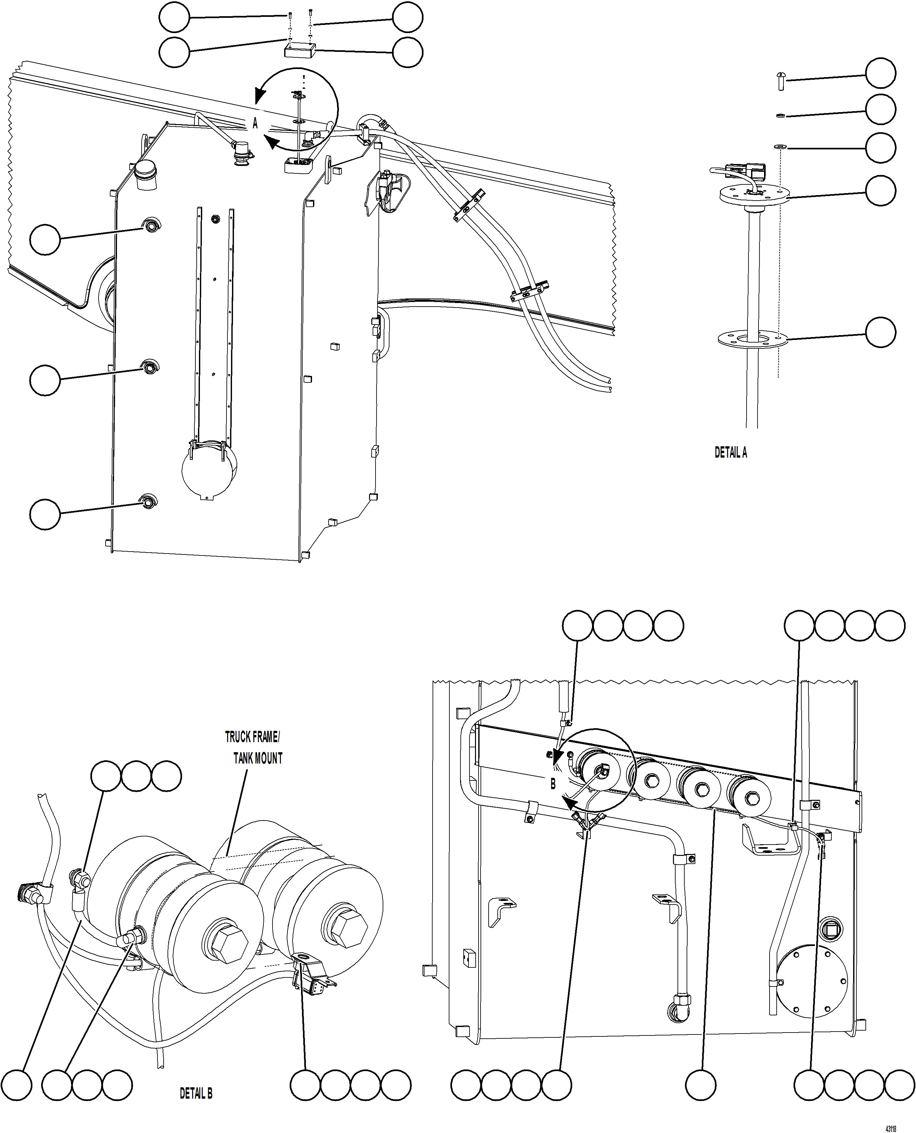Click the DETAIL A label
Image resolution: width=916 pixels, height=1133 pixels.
(x=731, y=452)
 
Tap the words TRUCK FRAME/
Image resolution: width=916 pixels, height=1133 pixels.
(x=252, y=737)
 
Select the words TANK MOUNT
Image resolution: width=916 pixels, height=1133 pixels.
(x=258, y=758)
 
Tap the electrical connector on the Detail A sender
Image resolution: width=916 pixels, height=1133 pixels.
(x=745, y=170)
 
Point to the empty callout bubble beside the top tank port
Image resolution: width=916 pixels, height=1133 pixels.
(x=45, y=239)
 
